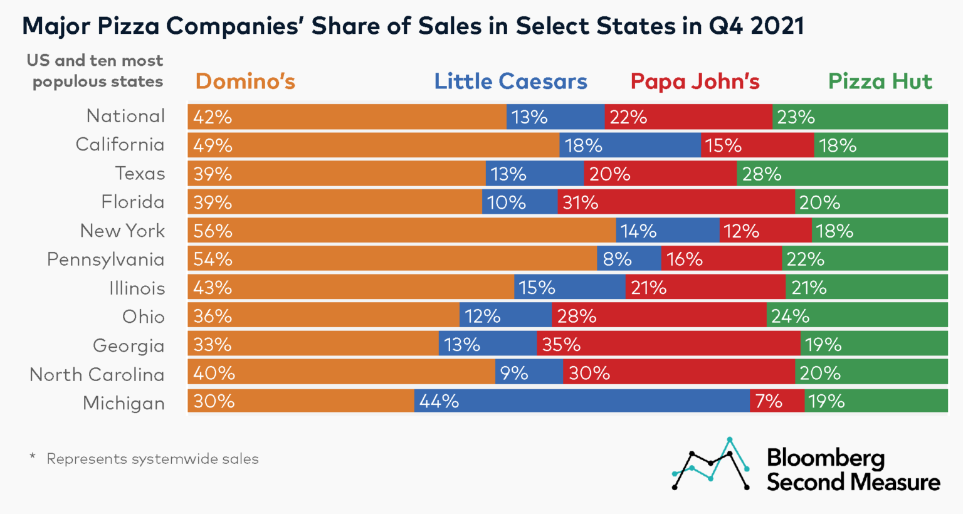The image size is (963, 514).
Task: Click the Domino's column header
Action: pos(245,81)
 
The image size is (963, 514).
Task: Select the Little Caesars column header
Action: pos(510,81)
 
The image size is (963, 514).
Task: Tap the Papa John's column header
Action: pos(695,81)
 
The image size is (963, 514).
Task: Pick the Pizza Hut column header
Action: pos(880,81)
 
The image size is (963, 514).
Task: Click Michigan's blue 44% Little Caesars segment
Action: pos(581,401)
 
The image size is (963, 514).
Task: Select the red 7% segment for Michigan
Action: pos(777,401)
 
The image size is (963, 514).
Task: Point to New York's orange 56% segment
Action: pos(401,231)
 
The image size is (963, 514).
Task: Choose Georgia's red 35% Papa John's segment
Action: pos(668,345)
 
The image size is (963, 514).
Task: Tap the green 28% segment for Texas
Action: pos(842,174)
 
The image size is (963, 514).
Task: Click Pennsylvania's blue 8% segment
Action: pos(629,259)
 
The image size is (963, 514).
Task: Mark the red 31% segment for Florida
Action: pos(676,202)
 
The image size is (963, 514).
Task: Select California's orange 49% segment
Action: pos(374,145)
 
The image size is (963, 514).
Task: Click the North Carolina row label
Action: pos(97,374)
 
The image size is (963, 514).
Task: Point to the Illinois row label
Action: pos(137,288)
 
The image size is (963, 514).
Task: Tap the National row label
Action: pos(125,116)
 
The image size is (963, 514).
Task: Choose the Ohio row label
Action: pos(143,317)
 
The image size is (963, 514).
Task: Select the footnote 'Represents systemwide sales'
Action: pos(152,459)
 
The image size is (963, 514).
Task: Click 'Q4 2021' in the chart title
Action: pos(756,26)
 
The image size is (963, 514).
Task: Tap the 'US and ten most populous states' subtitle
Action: pos(95,71)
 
